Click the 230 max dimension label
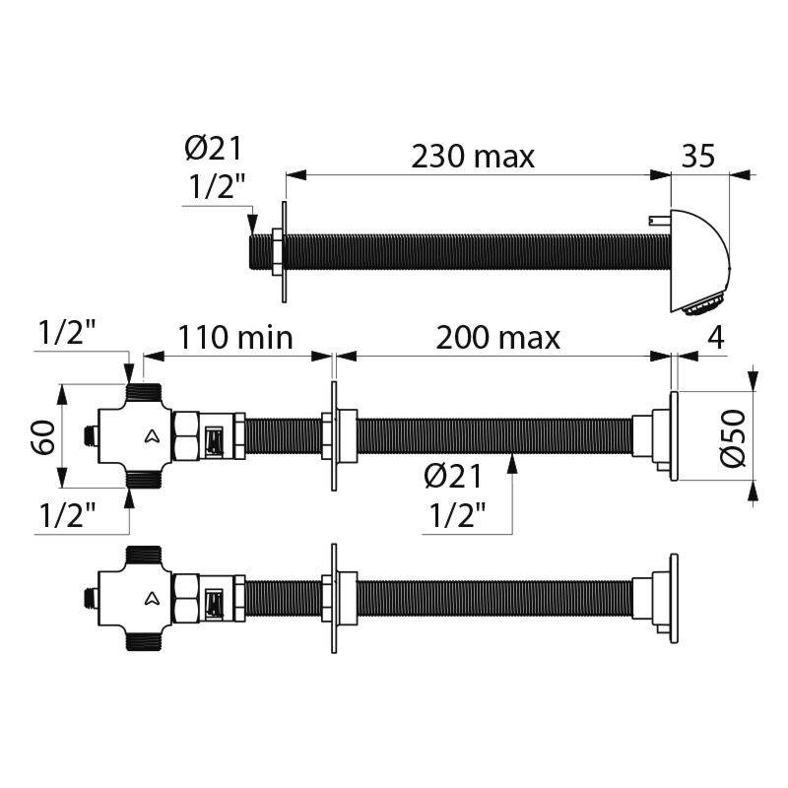473,157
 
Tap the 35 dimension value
698,156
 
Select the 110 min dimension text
235,337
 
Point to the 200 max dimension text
497,338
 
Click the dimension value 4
716,338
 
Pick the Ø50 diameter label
733,438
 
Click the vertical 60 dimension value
43,437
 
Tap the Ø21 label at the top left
214,149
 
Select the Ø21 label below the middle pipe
453,476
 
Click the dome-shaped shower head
699,260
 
